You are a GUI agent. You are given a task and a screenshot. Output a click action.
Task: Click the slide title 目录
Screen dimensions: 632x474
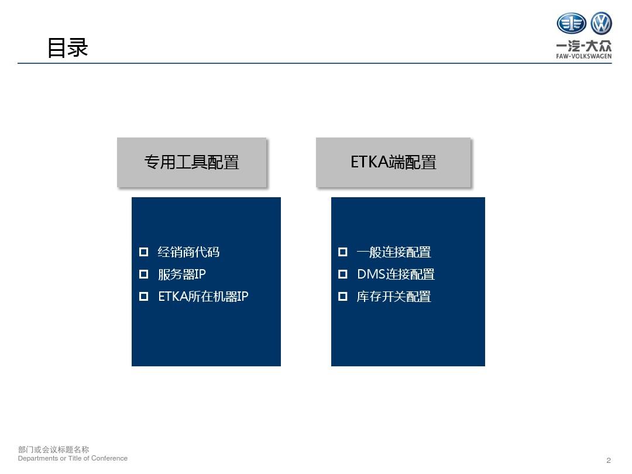pos(68,47)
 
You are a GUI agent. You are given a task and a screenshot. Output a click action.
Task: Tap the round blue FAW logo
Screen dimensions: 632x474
pos(571,23)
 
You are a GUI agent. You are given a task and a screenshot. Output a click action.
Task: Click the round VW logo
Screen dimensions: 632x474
pos(601,23)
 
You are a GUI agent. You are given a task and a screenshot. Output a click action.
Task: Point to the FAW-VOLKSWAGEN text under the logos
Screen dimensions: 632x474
pos(583,56)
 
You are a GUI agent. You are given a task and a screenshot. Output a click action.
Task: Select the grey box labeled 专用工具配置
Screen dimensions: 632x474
pos(192,163)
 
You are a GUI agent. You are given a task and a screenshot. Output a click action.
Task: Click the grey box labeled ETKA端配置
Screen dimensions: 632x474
pos(393,163)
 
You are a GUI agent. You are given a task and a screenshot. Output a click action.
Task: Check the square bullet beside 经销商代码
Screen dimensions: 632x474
pos(143,252)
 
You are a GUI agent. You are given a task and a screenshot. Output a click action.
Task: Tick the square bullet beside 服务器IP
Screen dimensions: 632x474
pos(143,274)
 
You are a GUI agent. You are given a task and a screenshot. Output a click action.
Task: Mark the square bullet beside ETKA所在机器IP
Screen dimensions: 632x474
pos(143,296)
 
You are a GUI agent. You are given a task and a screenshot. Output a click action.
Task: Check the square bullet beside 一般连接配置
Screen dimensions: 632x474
pos(342,252)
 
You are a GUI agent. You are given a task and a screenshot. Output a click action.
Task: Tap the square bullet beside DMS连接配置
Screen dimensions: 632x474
pos(342,274)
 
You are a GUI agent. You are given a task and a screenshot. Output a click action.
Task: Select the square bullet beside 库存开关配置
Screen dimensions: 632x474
pos(342,296)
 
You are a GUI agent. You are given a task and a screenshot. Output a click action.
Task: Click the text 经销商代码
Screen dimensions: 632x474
pos(188,252)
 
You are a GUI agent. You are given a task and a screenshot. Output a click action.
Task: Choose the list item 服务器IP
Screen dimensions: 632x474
pos(182,274)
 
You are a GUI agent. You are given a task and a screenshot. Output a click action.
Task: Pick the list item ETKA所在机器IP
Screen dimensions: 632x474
pos(203,296)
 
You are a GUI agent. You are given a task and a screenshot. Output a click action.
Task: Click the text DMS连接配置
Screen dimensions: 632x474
pos(396,274)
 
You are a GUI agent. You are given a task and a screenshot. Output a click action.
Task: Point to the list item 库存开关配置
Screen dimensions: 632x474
pos(394,296)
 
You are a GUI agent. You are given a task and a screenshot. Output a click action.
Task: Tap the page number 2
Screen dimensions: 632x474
pos(609,461)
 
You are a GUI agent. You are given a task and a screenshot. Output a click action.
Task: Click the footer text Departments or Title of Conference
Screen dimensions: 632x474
pos(73,458)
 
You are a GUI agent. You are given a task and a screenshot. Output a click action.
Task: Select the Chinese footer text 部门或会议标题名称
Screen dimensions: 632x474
pos(54,449)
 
